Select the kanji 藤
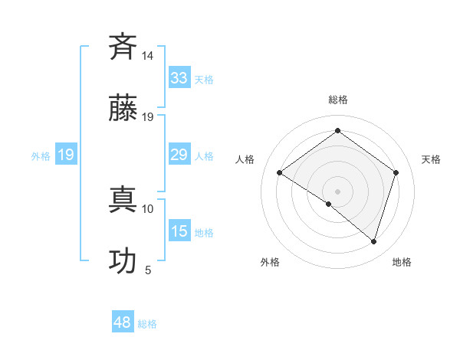(x=123, y=108)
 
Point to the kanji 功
(x=123, y=260)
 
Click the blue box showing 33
(x=179, y=78)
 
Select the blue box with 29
(x=179, y=155)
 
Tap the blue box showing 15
(x=179, y=231)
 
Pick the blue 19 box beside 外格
(x=66, y=155)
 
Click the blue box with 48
(x=123, y=322)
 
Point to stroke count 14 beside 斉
(x=148, y=56)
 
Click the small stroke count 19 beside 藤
(x=148, y=116)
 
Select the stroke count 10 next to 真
(x=148, y=208)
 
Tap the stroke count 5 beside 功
(x=148, y=270)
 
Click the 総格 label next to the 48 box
(x=147, y=324)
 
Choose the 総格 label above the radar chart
(x=337, y=100)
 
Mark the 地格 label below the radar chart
(x=402, y=262)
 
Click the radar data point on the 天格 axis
(x=396, y=172)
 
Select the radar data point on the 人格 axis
(x=279, y=172)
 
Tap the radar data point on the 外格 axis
(x=329, y=204)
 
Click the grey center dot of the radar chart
(x=337, y=191)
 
